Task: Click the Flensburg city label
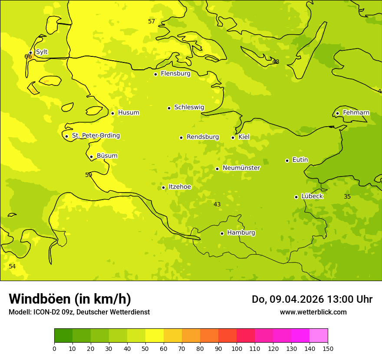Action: click(175, 74)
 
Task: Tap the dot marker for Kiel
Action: click(233, 137)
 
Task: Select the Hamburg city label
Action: click(241, 233)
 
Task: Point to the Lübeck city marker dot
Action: click(296, 197)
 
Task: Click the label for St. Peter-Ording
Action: click(95, 136)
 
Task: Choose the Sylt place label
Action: click(42, 52)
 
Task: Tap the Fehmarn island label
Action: click(356, 113)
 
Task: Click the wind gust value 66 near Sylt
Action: click(28, 56)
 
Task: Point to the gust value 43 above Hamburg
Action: click(217, 204)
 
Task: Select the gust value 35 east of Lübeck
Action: click(347, 197)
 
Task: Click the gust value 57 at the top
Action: click(151, 22)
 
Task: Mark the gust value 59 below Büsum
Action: click(89, 175)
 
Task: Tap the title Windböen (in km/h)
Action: click(70, 299)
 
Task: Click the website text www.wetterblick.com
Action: click(313, 312)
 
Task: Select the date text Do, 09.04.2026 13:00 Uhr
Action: click(312, 299)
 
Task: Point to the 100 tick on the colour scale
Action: click(237, 348)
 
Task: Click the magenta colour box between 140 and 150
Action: click(319, 336)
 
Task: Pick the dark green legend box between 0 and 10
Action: click(63, 336)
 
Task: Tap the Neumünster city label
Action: click(241, 168)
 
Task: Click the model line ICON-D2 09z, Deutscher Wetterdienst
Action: click(79, 312)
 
